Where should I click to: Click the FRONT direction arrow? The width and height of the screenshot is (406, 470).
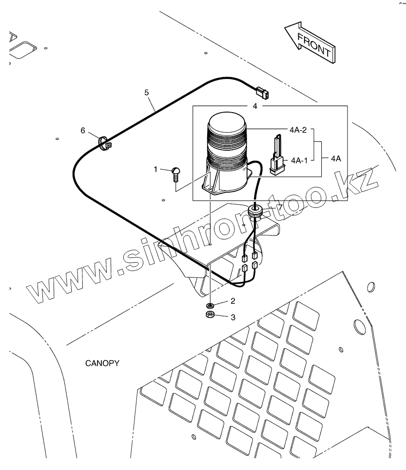coord(309,42)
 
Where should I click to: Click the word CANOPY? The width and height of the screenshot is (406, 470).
coord(102,363)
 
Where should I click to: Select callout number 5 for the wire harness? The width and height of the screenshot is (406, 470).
coord(146,92)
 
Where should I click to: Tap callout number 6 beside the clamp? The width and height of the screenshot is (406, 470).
coord(83,130)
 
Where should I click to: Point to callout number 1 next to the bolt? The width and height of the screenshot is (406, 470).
coord(155,169)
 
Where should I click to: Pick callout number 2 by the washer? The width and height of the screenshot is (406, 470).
coord(233,301)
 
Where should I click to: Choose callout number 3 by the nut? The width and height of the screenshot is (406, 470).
coord(233,317)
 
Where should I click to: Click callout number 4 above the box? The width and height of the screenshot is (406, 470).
coord(255,106)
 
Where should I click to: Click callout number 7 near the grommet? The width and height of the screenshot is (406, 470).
coord(280,207)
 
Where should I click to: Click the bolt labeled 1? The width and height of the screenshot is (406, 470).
coord(176,174)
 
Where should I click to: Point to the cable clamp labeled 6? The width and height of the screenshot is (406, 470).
coord(105,143)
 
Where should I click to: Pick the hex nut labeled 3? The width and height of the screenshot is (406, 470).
coord(211,315)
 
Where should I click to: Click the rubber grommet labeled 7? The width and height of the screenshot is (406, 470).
coord(254,211)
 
